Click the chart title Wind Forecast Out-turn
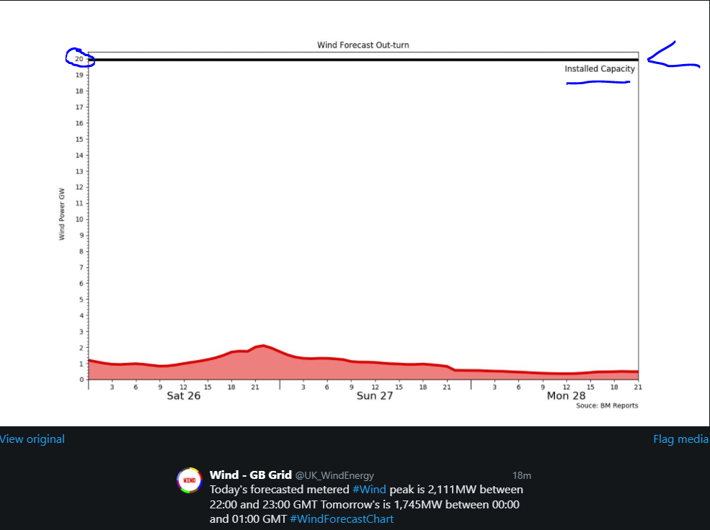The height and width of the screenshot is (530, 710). tap(363, 45)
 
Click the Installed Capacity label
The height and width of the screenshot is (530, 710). tap(600, 69)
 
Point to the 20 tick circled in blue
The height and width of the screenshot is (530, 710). tap(79, 59)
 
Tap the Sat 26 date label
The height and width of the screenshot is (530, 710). tap(183, 396)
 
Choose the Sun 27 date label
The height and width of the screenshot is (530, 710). tap(375, 396)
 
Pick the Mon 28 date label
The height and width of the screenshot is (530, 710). tap(566, 396)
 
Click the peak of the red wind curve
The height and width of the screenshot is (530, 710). tap(262, 346)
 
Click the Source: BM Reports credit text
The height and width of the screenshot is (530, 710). tap(607, 406)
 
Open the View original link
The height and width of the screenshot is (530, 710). tap(32, 439)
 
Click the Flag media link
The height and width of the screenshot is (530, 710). tap(680, 439)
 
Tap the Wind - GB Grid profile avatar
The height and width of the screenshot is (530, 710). tap(190, 480)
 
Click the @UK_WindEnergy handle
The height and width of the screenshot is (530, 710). tap(334, 475)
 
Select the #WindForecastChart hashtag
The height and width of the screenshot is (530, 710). tap(342, 519)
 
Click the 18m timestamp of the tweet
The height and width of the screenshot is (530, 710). tap(521, 475)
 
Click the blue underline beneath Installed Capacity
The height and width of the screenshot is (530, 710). tap(598, 83)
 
